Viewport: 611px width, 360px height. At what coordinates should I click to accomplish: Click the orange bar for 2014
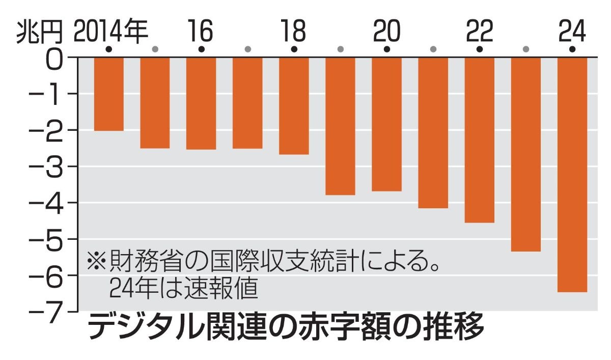(x=108, y=94)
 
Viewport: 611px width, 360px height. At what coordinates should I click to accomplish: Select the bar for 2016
(x=201, y=103)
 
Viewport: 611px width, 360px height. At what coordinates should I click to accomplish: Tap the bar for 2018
(x=294, y=105)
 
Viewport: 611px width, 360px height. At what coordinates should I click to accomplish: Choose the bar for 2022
(x=479, y=140)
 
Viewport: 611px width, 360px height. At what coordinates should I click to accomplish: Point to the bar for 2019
(x=340, y=126)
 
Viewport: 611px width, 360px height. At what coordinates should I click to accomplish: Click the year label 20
(x=386, y=32)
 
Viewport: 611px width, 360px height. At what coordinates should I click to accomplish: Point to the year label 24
(x=572, y=32)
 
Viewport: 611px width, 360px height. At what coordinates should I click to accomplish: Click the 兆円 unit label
(x=41, y=32)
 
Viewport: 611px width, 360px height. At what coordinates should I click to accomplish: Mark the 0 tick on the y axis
(x=56, y=59)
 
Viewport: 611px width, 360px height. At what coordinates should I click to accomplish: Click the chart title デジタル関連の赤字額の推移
(x=286, y=328)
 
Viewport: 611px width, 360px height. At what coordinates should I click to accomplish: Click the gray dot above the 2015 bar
(x=155, y=49)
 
